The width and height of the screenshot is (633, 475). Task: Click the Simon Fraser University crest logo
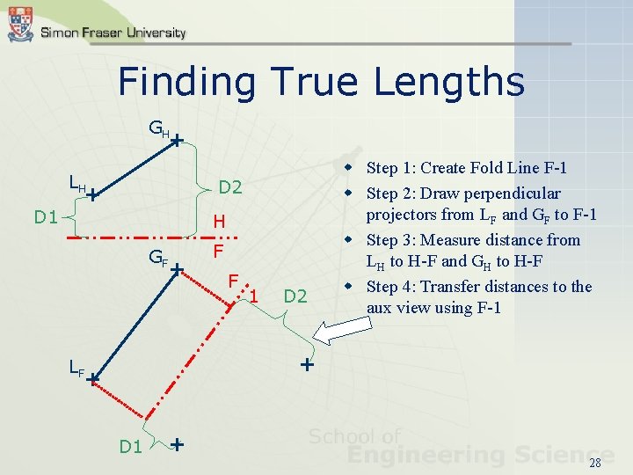(x=20, y=25)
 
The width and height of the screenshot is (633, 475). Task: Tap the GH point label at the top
(x=158, y=131)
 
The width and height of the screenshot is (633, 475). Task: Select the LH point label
(x=77, y=185)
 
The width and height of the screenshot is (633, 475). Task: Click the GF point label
(x=158, y=259)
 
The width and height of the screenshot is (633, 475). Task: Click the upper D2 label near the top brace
(x=230, y=187)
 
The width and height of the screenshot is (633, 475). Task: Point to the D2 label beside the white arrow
(x=295, y=296)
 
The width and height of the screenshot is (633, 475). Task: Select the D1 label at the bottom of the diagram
(x=131, y=447)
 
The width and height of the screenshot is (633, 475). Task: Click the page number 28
(x=594, y=464)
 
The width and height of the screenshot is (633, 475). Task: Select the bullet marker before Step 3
(x=349, y=240)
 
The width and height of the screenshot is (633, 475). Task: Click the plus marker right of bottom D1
(x=178, y=444)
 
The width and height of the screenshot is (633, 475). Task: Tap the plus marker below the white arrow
(x=306, y=363)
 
